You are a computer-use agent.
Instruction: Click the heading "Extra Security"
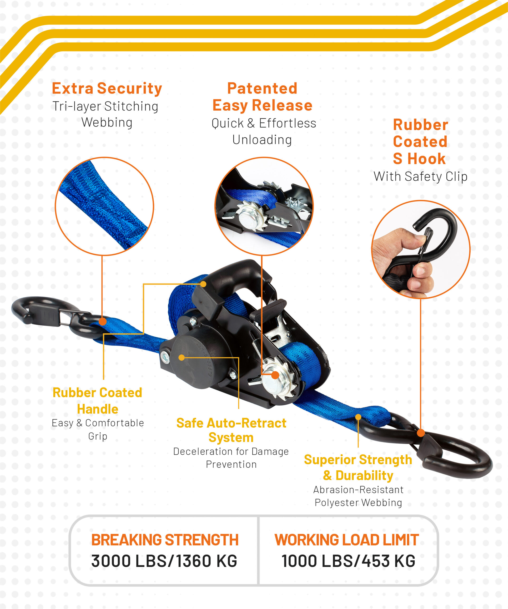point(107,88)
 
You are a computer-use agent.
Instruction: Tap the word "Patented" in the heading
point(262,88)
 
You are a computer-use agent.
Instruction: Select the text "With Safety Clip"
point(420,177)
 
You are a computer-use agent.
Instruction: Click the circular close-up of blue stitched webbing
point(104,206)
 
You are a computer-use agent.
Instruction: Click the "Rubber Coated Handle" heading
point(98,401)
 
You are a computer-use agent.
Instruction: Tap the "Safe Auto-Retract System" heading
point(231,430)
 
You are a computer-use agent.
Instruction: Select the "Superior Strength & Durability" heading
point(358,468)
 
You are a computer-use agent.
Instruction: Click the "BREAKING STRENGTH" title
point(165,540)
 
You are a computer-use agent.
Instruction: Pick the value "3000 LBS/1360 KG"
point(164,561)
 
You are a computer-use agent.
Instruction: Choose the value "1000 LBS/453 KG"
point(348,561)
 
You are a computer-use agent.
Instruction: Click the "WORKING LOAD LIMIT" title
point(347,540)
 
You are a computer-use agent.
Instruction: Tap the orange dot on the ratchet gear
point(275,375)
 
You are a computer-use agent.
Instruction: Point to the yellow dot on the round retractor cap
point(181,358)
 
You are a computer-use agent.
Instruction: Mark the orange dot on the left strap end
point(102,322)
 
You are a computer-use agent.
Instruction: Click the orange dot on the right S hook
point(421,433)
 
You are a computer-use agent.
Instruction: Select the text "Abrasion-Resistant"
point(358,490)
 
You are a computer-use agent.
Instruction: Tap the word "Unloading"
point(262,140)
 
